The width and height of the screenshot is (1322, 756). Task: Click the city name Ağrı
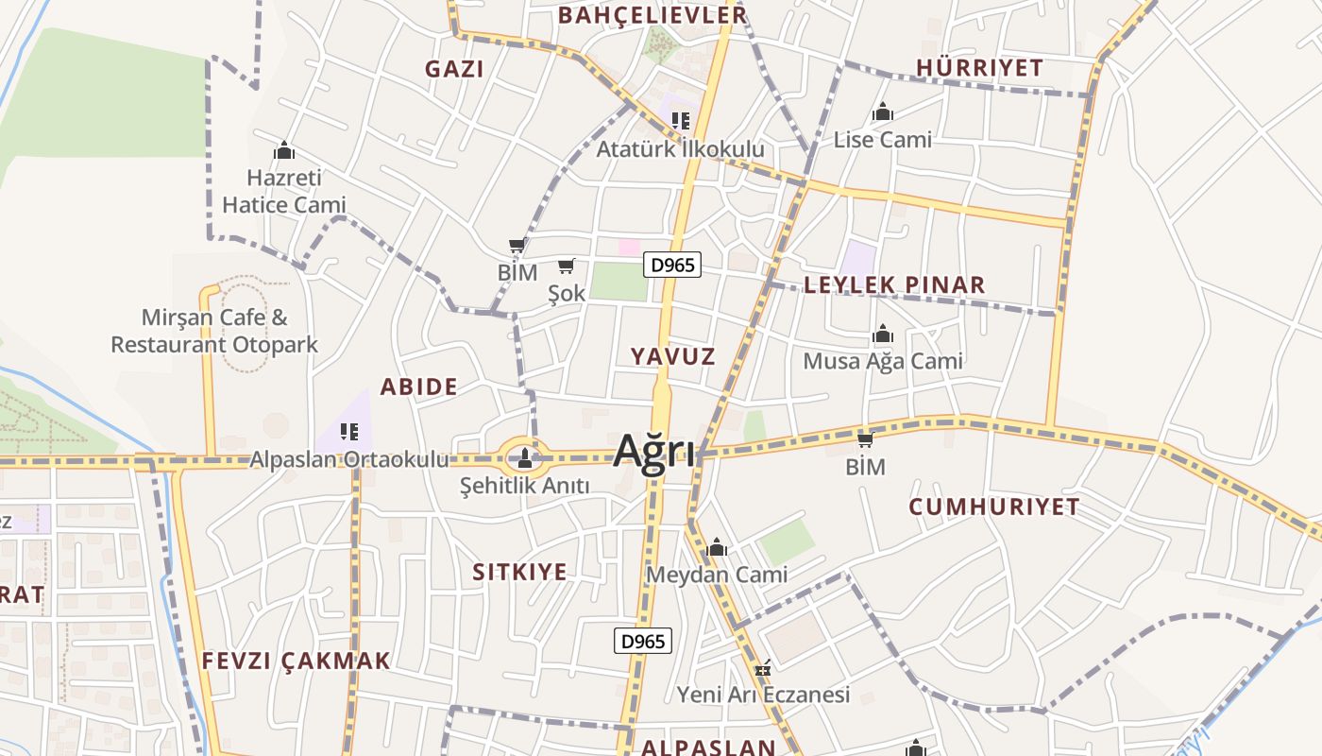pyautogui.click(x=654, y=452)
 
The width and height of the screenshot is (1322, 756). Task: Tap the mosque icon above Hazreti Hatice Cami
pyautogui.click(x=284, y=150)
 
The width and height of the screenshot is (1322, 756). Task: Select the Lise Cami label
pyautogui.click(x=882, y=140)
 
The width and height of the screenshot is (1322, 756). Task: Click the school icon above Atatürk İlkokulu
pyautogui.click(x=681, y=121)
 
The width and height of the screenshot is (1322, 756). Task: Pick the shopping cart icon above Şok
pyautogui.click(x=567, y=266)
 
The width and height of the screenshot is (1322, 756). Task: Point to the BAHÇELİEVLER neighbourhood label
pyautogui.click(x=653, y=15)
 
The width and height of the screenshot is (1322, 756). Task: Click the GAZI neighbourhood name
pyautogui.click(x=454, y=69)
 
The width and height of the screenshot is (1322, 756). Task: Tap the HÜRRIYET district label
pyautogui.click(x=979, y=68)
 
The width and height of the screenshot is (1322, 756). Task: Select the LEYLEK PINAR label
pyautogui.click(x=894, y=284)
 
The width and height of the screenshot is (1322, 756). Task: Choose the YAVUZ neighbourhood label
pyautogui.click(x=673, y=356)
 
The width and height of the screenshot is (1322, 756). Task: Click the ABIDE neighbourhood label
pyautogui.click(x=418, y=387)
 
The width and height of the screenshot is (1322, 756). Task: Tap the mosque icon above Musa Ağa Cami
pyautogui.click(x=883, y=335)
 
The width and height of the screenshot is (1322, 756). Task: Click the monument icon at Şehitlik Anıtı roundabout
pyautogui.click(x=525, y=459)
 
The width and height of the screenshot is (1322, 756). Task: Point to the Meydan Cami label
pyautogui.click(x=717, y=575)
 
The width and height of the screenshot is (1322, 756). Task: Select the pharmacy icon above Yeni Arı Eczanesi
pyautogui.click(x=763, y=669)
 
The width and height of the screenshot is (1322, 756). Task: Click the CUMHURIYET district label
pyautogui.click(x=994, y=507)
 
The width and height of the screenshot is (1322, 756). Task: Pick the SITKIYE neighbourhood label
pyautogui.click(x=520, y=572)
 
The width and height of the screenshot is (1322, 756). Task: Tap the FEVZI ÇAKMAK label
pyautogui.click(x=296, y=661)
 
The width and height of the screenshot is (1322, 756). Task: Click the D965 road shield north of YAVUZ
pyautogui.click(x=673, y=266)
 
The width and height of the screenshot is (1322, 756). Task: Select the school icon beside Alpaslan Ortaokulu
pyautogui.click(x=349, y=433)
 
